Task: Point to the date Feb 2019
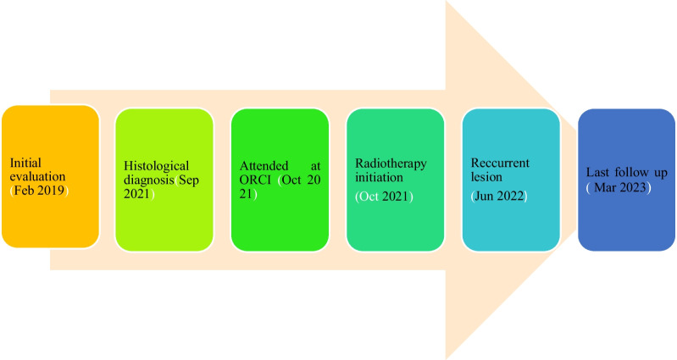tap(42, 191)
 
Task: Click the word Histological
tap(157, 165)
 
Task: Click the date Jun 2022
tap(500, 196)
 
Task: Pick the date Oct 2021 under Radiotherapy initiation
tap(384, 196)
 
